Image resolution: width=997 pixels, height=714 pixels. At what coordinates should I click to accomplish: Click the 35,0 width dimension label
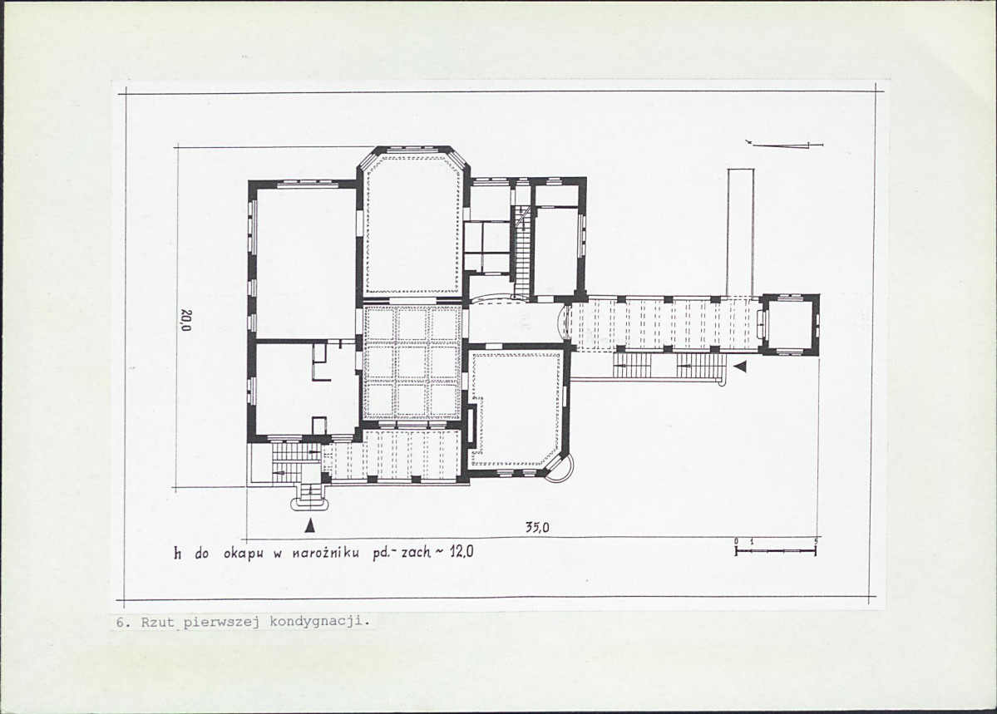point(537,527)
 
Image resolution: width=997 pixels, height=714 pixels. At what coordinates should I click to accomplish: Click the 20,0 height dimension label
point(185,321)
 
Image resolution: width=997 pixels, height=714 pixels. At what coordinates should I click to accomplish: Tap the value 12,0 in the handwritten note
point(461,552)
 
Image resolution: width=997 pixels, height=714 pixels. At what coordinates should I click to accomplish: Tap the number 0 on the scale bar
point(736,541)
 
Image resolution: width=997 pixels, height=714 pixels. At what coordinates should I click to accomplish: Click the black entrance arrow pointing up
point(309,525)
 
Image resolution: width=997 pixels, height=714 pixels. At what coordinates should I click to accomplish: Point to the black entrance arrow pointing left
point(740,367)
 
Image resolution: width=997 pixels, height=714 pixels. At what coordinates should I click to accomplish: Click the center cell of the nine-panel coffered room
point(412,362)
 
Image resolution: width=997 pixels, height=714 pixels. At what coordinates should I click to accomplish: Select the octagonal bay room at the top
point(413,223)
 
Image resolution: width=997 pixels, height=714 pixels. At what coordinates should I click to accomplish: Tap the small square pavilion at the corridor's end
point(791,323)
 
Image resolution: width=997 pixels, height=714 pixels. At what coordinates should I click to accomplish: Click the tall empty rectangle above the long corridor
point(741,232)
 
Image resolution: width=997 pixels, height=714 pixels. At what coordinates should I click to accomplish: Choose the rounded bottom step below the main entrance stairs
point(310,505)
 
